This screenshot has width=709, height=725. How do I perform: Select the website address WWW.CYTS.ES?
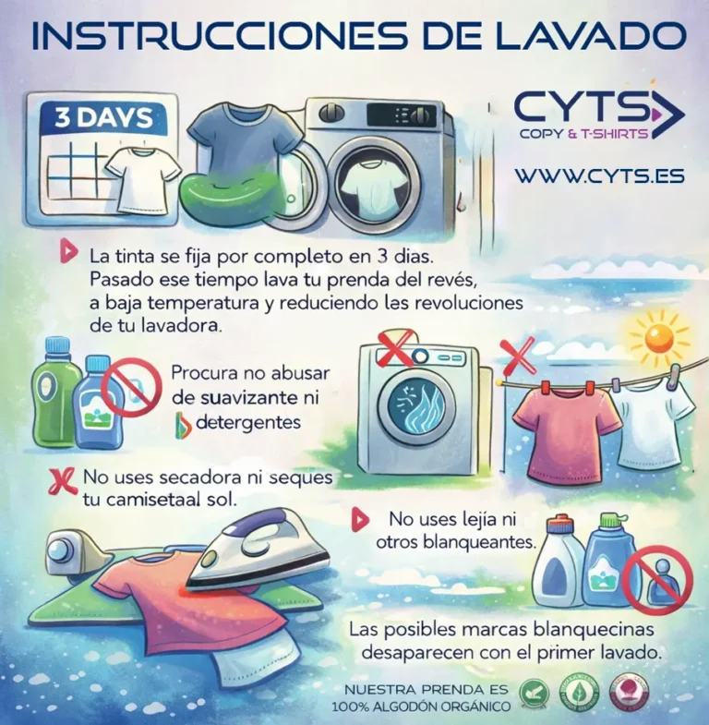pos(599,175)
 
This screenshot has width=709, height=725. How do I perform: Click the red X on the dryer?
pos(397,349)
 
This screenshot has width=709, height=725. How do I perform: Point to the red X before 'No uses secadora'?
pos(62,478)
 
